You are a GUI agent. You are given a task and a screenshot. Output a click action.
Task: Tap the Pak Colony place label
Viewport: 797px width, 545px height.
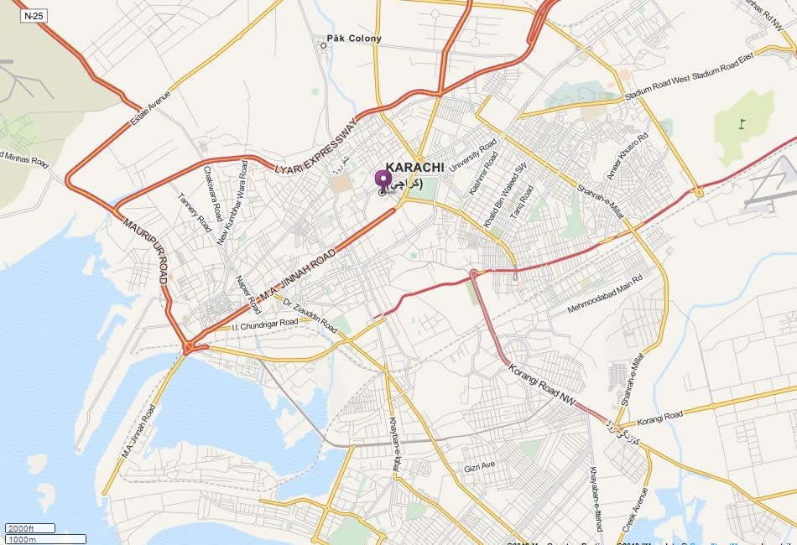(x=353, y=39)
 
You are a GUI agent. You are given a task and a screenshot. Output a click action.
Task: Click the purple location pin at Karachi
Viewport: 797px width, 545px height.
(x=383, y=181)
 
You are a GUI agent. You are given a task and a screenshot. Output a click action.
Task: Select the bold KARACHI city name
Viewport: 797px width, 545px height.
(x=414, y=168)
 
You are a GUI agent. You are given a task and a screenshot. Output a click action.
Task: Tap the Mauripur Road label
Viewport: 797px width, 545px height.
(x=145, y=251)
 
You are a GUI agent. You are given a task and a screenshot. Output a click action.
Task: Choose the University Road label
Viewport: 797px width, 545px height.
(x=473, y=156)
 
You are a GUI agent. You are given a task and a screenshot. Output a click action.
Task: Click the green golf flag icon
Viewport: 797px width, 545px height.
(x=741, y=124)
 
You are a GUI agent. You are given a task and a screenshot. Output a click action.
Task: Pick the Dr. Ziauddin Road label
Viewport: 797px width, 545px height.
(x=310, y=316)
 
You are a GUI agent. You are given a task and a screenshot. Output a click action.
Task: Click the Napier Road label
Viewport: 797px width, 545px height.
(x=244, y=291)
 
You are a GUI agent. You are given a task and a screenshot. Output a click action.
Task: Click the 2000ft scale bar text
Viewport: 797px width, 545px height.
(x=20, y=528)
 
